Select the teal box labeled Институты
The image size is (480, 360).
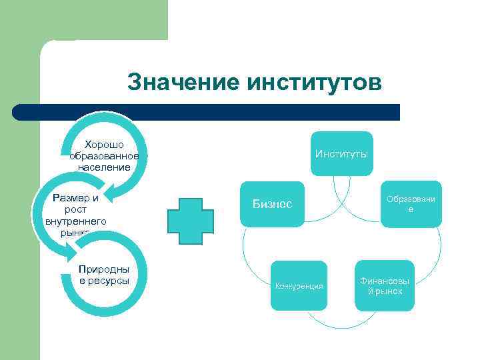[341, 154]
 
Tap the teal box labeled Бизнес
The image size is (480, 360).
[272, 203]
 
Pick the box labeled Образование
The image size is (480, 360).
[411, 204]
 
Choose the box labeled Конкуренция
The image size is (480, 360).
[299, 285]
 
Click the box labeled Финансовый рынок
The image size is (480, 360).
[385, 286]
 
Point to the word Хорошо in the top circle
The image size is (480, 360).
[103, 145]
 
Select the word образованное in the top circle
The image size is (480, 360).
[103, 155]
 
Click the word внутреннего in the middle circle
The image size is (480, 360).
[75, 221]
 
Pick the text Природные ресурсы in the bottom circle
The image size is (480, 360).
[103, 275]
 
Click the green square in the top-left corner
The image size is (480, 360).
[84, 20]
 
